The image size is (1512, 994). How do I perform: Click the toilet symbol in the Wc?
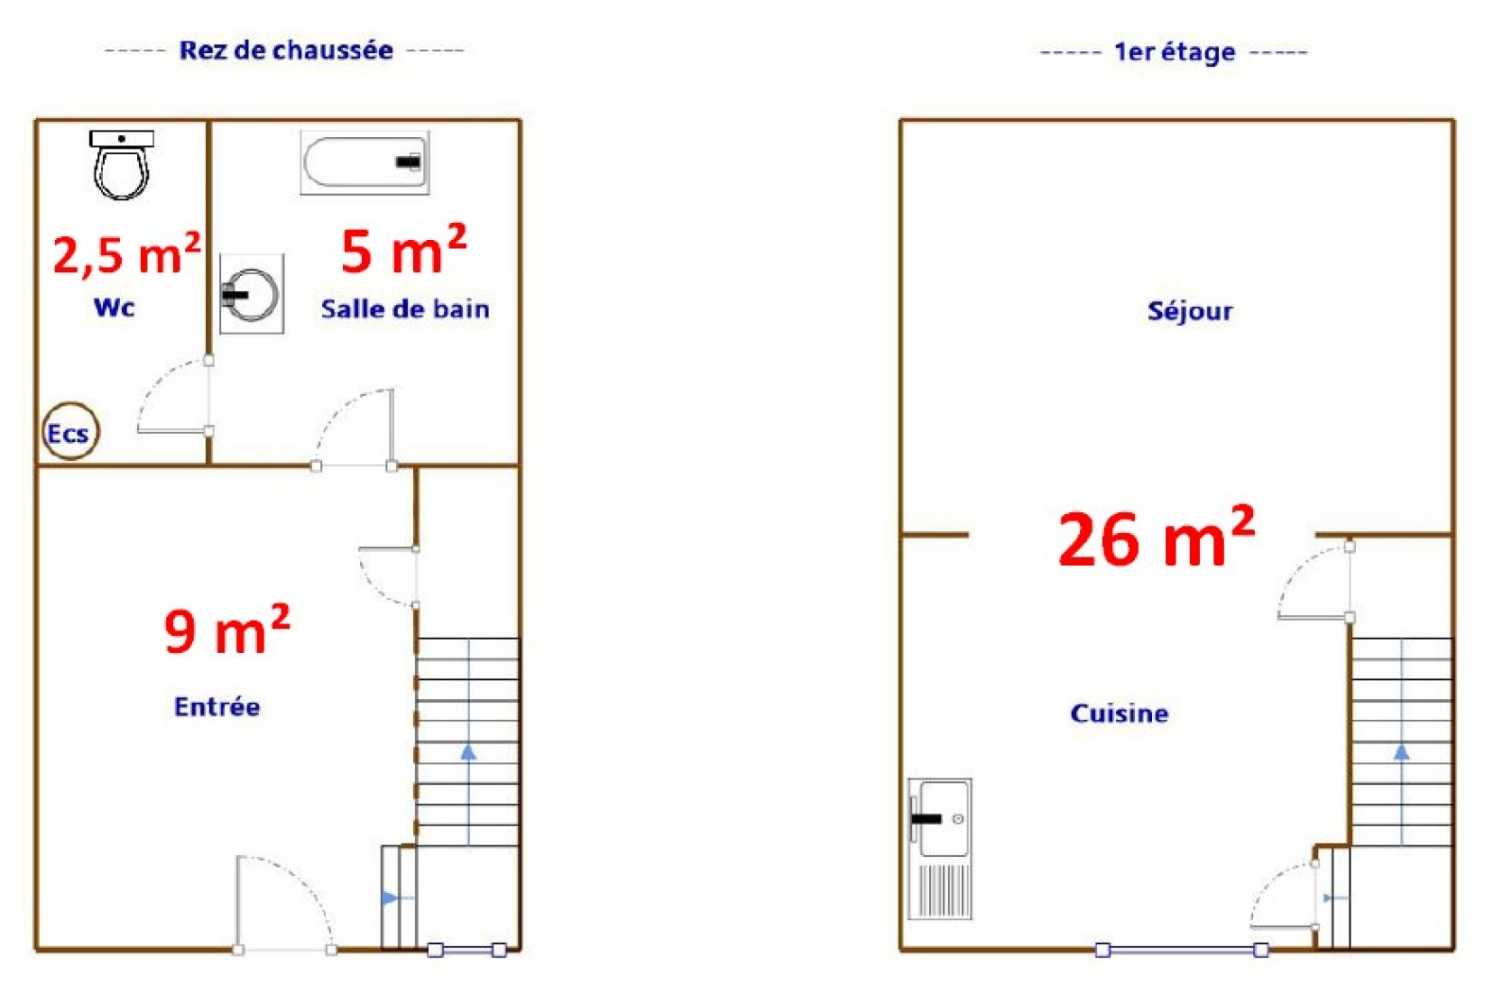point(122,164)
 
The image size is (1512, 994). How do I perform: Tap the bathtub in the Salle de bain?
point(365,163)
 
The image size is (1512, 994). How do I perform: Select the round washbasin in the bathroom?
point(251,294)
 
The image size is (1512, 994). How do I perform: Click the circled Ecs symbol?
point(70,432)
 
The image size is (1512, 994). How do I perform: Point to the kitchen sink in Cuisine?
point(939,848)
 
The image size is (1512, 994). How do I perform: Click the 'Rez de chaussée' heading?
point(286,50)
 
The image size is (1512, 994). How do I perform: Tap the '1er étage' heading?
point(1175,52)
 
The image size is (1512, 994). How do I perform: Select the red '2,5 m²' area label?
point(127,254)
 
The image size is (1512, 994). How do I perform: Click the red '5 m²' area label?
point(404,249)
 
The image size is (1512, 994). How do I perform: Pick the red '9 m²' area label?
point(227,629)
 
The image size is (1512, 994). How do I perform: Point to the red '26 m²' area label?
point(1157,537)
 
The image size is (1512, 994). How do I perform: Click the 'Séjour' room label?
point(1190,311)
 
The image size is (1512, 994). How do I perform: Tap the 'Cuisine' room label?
point(1119,714)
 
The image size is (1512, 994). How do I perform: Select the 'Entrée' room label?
point(217,707)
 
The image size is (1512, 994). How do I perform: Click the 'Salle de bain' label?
point(405,309)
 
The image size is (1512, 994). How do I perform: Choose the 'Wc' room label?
point(114,308)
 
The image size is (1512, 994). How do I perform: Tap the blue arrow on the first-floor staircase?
point(1401,742)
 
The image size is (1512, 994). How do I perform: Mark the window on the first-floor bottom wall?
point(1181,951)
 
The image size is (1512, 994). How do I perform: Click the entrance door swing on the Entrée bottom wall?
point(284,904)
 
